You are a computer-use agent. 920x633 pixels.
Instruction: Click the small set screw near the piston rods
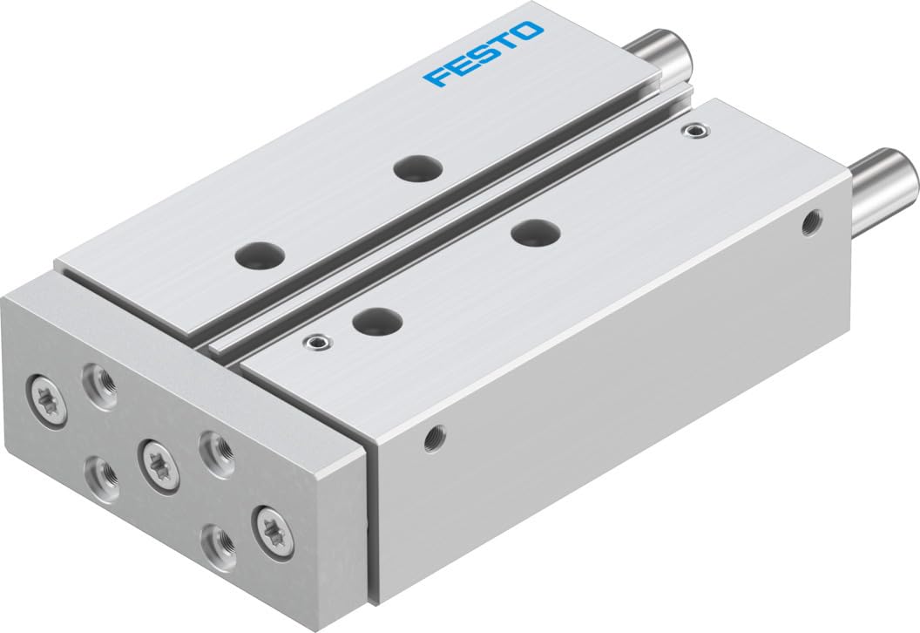693,132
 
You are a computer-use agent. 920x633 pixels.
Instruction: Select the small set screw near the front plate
317,343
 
